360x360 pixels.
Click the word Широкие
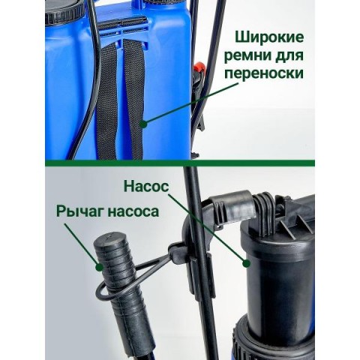(269, 38)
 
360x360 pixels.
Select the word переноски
(264, 73)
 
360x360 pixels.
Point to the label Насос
(146, 187)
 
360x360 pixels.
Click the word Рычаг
(80, 211)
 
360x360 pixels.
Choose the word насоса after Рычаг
(133, 212)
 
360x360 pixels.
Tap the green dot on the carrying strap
(143, 124)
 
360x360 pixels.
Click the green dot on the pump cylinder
(246, 263)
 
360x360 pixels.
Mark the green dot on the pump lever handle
(100, 267)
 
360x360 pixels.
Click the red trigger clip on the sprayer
(199, 67)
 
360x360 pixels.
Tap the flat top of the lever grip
(110, 241)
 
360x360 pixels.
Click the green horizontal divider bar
(180, 163)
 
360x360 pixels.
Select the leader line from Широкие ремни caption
(190, 103)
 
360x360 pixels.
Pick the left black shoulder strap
(106, 103)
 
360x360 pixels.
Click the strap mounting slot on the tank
(122, 23)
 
